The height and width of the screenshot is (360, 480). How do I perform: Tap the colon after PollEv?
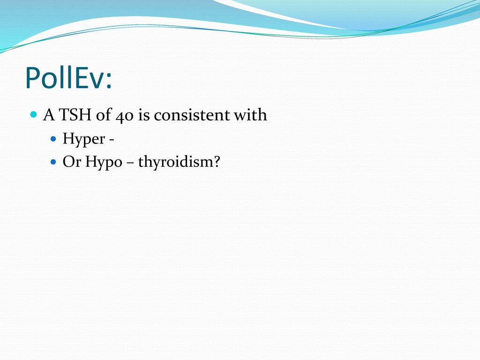click(109, 81)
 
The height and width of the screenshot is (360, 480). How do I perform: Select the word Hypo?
click(104, 162)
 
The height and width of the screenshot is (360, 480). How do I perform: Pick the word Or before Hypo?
click(72, 161)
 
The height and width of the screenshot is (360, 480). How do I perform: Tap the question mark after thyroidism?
click(216, 161)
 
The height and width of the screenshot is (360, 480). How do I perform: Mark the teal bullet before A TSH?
click(34, 115)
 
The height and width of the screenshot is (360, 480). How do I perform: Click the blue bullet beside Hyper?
click(53, 139)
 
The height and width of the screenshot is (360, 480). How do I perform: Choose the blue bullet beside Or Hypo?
click(53, 162)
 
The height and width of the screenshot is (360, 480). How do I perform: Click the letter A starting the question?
click(49, 115)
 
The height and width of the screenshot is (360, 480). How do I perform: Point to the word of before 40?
click(104, 115)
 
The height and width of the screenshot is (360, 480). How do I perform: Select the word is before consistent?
click(144, 115)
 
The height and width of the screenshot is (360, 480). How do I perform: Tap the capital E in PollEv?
click(82, 78)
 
